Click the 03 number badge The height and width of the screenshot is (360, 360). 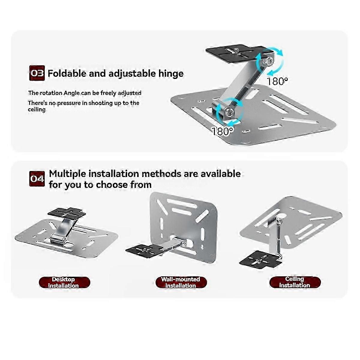point(37,73)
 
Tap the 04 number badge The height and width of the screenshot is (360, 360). point(37,179)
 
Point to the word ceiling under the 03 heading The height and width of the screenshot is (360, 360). point(37,109)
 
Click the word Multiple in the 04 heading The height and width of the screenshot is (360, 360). point(67,174)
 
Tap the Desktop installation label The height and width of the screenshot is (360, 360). point(64,283)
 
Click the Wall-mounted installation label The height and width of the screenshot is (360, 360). point(181,282)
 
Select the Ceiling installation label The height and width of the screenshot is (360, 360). point(295,282)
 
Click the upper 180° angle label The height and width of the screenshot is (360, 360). point(277,81)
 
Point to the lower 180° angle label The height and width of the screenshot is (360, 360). point(222,131)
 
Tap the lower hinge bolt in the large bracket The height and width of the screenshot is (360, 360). point(229,112)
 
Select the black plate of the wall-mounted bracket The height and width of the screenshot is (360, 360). point(144,251)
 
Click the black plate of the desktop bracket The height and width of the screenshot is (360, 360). point(67,212)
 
